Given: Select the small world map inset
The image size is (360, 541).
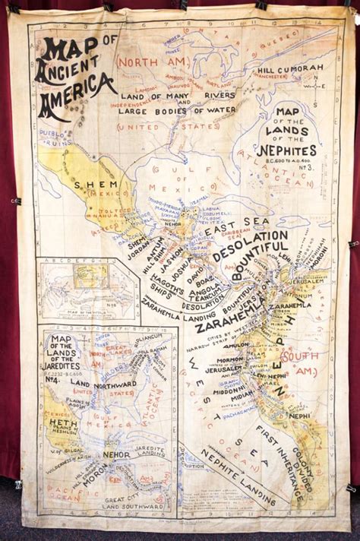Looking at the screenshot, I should click(x=87, y=289).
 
